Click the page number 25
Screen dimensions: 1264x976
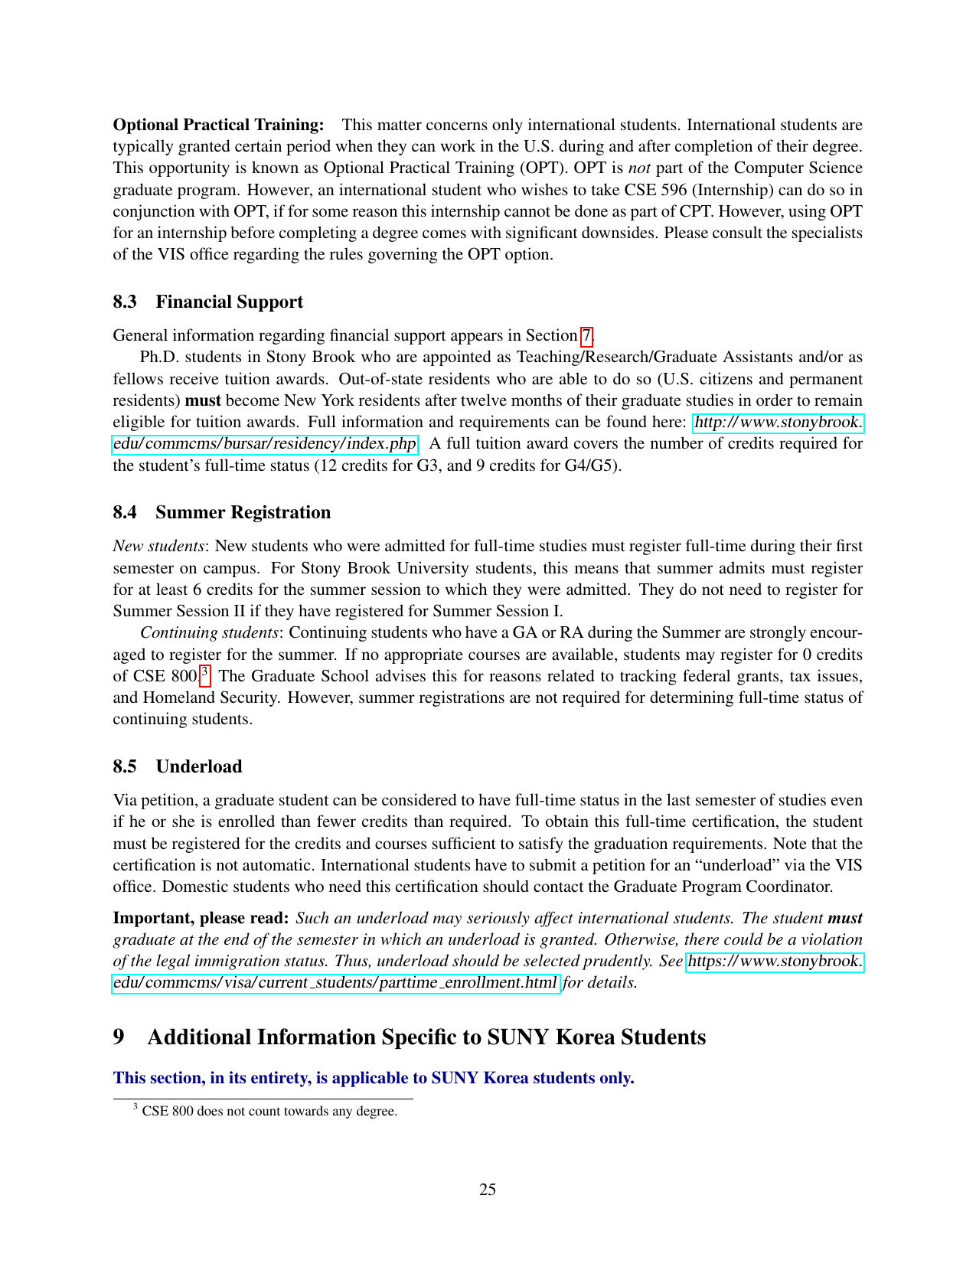click(x=488, y=1189)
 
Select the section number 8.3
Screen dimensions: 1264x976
click(x=125, y=302)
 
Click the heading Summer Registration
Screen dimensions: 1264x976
click(x=243, y=512)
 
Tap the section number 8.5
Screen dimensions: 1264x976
click(x=125, y=766)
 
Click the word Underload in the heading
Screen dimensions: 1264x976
click(x=199, y=766)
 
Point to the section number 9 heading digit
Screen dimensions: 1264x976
click(x=119, y=1037)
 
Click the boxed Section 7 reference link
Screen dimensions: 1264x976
click(x=586, y=335)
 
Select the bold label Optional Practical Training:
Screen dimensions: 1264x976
click(x=218, y=125)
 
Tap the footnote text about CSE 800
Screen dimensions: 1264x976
click(x=269, y=1111)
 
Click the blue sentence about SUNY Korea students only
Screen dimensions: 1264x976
click(x=374, y=1078)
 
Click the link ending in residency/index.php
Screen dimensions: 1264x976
click(x=265, y=444)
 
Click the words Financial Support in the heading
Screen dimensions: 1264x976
click(x=229, y=302)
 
